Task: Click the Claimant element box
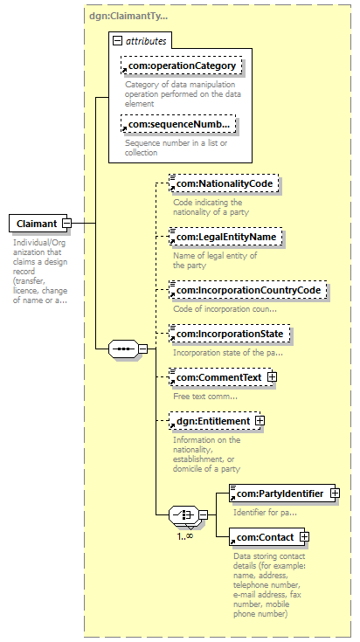click(38, 224)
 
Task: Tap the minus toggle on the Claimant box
click(66, 224)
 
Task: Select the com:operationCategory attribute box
click(182, 66)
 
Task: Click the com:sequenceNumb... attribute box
click(178, 124)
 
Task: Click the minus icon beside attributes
click(118, 40)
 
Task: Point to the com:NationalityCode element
click(224, 183)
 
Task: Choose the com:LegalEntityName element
click(225, 237)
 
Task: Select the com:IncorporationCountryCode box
click(248, 290)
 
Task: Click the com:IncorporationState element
click(229, 334)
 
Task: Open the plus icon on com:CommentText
click(272, 377)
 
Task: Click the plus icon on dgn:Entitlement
click(260, 421)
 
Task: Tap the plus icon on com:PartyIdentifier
click(335, 494)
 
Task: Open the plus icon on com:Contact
click(305, 537)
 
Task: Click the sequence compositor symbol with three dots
click(124, 349)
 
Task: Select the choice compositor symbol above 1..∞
click(183, 515)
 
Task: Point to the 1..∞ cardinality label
click(185, 536)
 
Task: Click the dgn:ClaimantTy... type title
click(128, 17)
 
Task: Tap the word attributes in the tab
click(146, 41)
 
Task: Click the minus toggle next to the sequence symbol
click(143, 349)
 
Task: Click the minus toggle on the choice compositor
click(203, 515)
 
